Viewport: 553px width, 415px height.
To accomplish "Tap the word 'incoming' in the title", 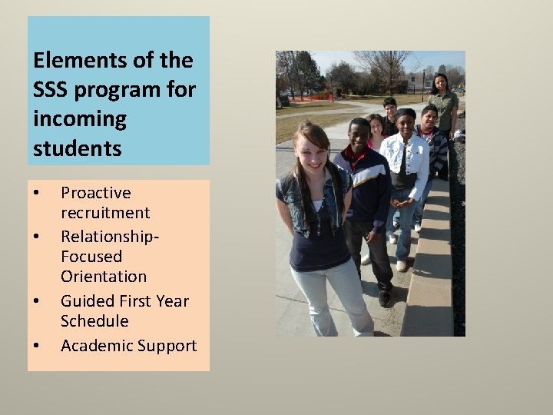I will [x=80, y=119].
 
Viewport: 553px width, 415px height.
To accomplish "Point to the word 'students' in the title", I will [x=78, y=148].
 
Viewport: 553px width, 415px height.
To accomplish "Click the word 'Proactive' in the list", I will [x=96, y=193].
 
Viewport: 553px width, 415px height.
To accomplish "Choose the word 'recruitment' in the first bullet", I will [x=105, y=213].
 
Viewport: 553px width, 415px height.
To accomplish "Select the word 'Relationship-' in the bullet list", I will [x=110, y=236].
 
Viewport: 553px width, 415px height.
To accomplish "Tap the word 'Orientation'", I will [x=104, y=276].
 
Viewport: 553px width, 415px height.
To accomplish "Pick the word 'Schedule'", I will [x=94, y=321].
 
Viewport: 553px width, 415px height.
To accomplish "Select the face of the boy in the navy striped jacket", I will [x=359, y=135].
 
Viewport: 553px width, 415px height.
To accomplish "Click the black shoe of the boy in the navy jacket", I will [x=385, y=298].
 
